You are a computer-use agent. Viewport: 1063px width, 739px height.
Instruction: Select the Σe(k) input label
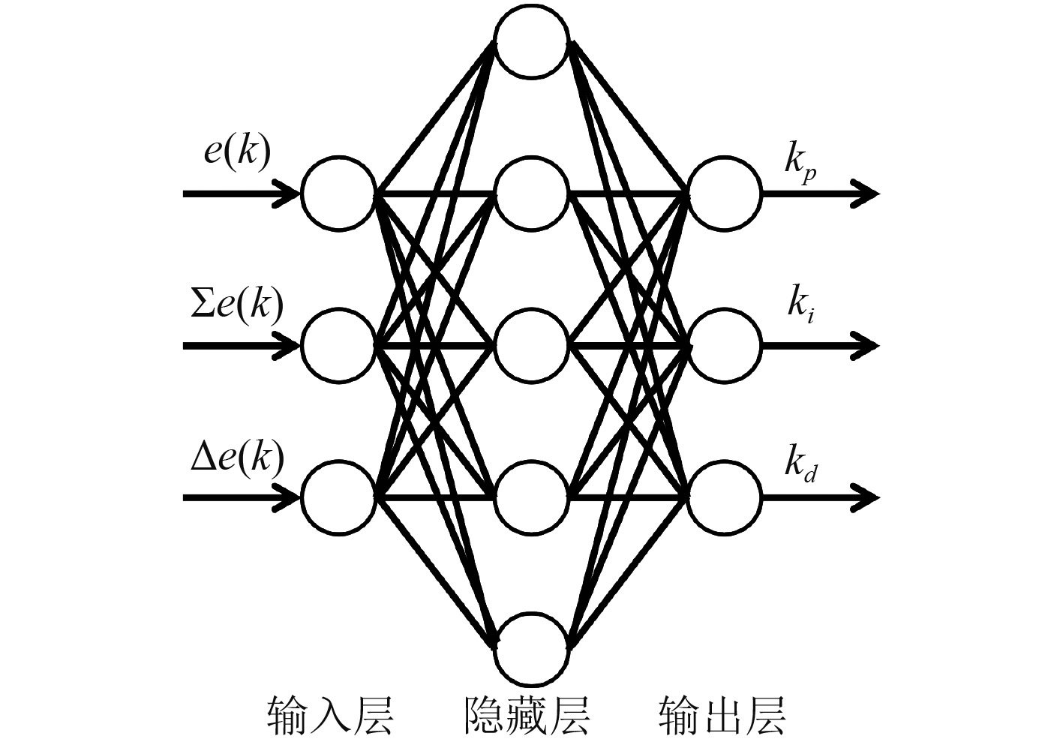[237, 305]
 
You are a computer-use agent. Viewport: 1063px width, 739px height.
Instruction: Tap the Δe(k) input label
[237, 457]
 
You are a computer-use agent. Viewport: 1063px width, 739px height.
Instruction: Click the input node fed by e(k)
[338, 194]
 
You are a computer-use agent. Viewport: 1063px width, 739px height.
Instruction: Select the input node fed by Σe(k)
[338, 346]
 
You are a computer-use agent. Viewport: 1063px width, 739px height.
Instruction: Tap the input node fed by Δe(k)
[338, 497]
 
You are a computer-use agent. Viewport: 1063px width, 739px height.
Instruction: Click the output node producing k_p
[725, 194]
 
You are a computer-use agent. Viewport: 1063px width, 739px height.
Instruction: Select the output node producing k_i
[725, 346]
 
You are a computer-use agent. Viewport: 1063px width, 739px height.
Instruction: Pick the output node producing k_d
[725, 497]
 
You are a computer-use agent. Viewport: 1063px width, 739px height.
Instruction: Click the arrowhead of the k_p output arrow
[867, 194]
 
